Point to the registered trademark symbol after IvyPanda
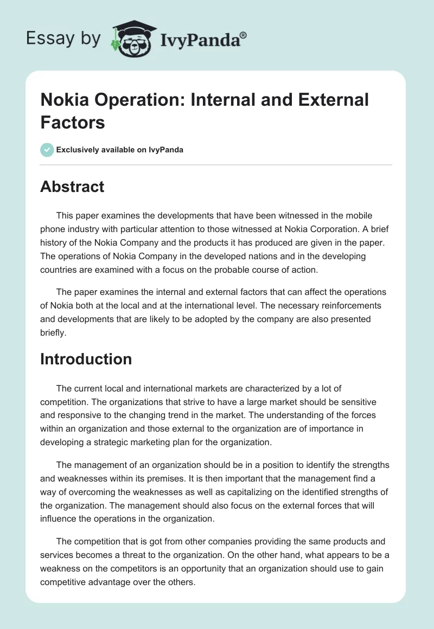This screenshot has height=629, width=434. (244, 35)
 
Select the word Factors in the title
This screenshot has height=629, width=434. (72, 122)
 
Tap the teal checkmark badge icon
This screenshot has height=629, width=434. (47, 150)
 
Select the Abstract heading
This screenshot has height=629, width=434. (72, 187)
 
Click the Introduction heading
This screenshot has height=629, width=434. (86, 359)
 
